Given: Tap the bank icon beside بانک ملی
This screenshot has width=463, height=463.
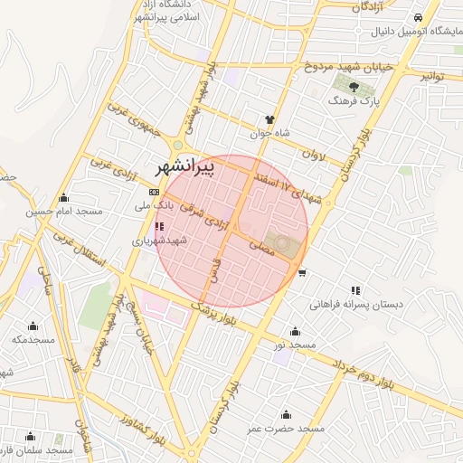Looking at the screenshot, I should (x=153, y=192).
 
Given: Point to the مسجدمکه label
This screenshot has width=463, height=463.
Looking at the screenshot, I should (x=33, y=339).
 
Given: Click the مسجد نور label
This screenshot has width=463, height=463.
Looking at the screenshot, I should (x=296, y=345).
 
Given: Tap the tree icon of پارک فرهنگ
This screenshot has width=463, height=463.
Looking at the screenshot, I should (x=353, y=88).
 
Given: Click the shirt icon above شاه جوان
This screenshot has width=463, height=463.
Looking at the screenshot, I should (x=269, y=119).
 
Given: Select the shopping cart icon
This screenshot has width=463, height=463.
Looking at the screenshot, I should (x=301, y=272).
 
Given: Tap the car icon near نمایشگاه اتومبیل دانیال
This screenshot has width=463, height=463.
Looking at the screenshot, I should (x=417, y=18).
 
